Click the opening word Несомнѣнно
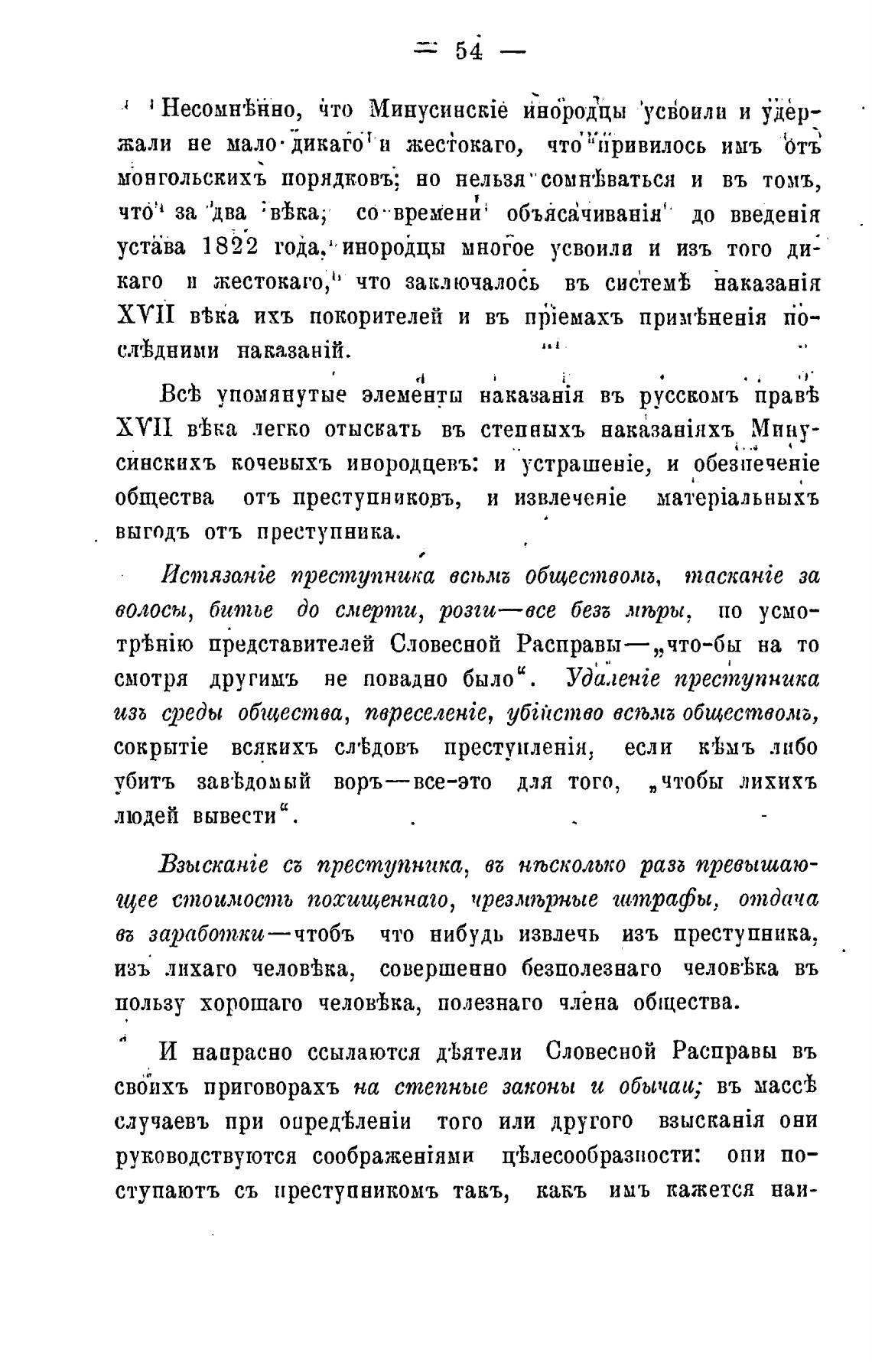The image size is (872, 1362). (x=229, y=109)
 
